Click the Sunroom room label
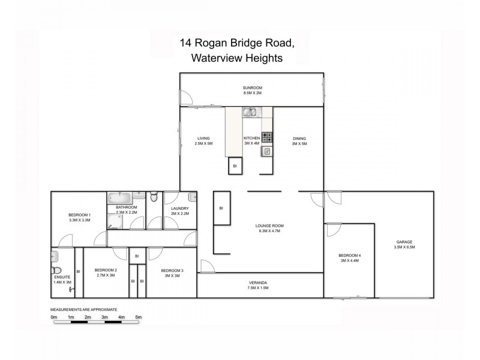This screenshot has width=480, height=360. pos(253,88)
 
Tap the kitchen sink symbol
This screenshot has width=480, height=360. pos(250,112)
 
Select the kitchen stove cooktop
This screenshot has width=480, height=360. pos(267,137)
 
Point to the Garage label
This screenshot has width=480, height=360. pos(404,242)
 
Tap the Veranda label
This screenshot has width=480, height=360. pos(258,282)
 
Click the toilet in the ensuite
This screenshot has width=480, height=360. pos(55,258)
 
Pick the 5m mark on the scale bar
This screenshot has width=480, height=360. pos(139,317)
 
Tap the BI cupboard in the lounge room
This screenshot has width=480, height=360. pos(221,208)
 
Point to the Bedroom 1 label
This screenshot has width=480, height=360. pos(80,215)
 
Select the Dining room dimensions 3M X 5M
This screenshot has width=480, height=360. pos(299,144)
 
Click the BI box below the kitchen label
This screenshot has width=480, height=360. pos(234,166)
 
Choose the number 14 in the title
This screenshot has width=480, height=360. pos(185,43)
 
